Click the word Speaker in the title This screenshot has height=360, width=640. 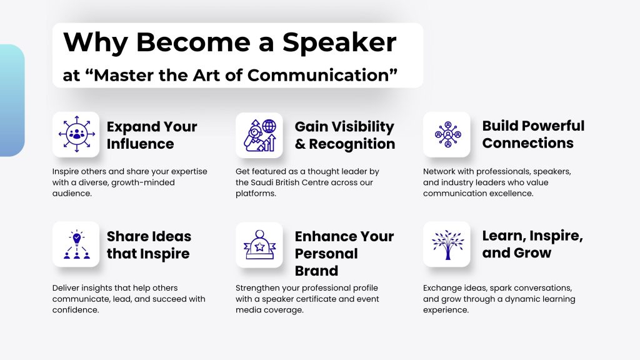339,42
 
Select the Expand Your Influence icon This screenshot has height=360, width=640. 76,134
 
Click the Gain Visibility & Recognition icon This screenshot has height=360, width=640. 259,135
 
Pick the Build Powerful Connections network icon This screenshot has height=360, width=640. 447,134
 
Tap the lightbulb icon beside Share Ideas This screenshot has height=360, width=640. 76,244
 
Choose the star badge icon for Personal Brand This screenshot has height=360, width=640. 259,245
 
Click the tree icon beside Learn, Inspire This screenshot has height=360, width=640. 447,245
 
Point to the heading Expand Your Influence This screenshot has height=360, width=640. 152,135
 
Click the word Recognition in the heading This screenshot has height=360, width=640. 352,144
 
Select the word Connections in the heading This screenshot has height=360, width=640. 527,143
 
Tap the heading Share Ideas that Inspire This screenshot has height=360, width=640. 149,245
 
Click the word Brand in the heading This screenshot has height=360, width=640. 316,271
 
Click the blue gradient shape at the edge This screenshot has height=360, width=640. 11,101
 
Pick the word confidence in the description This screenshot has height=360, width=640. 75,310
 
